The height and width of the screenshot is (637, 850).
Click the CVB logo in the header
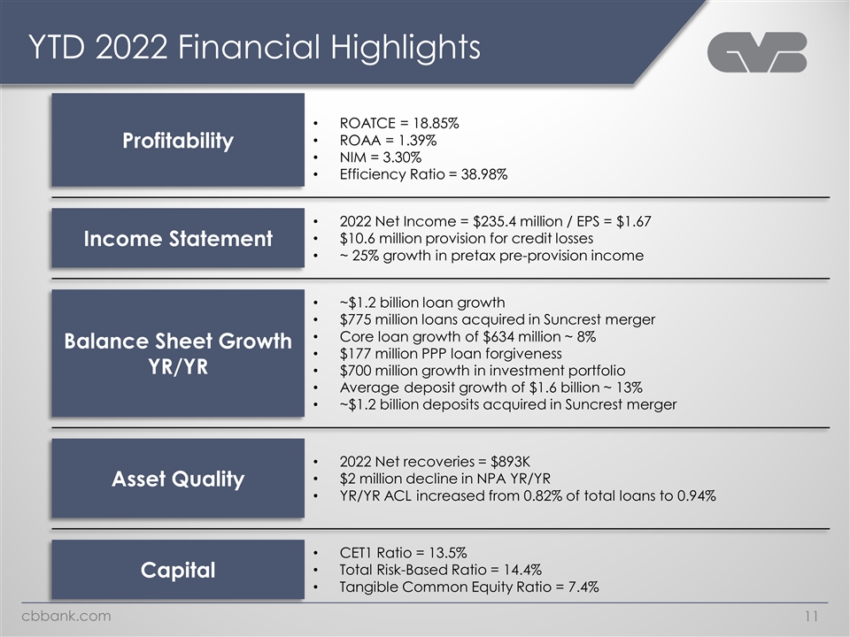757,52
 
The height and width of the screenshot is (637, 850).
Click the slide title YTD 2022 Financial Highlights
255,47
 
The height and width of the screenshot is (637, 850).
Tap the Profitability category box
178,141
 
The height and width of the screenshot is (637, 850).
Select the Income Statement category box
178,238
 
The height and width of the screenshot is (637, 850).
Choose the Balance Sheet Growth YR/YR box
178,353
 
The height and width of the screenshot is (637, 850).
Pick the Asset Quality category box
178,479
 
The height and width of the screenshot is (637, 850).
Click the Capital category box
178,570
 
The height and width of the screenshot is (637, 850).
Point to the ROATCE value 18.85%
429,124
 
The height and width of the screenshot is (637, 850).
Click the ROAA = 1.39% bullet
387,141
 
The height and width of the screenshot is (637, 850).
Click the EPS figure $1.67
630,221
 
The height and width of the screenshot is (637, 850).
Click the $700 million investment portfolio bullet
483,370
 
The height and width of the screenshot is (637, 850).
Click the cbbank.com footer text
66,616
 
